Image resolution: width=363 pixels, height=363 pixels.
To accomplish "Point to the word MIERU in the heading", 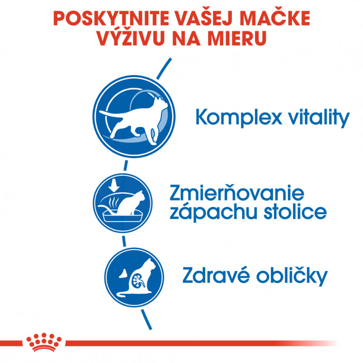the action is [x=237, y=38].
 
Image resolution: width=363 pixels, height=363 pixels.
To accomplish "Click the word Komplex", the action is [x=239, y=118].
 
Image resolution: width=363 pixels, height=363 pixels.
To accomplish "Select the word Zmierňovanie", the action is [x=237, y=192].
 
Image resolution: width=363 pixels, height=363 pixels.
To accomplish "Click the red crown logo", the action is [x=44, y=342].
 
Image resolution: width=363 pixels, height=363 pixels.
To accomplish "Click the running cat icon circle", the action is [x=134, y=117].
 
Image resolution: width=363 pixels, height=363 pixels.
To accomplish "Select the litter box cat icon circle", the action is [x=123, y=203].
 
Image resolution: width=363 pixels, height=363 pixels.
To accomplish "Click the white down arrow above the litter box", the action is [x=113, y=185].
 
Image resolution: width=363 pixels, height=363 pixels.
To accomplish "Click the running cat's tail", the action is [x=111, y=114].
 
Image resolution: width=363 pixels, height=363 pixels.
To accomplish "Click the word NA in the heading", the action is [x=186, y=38].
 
